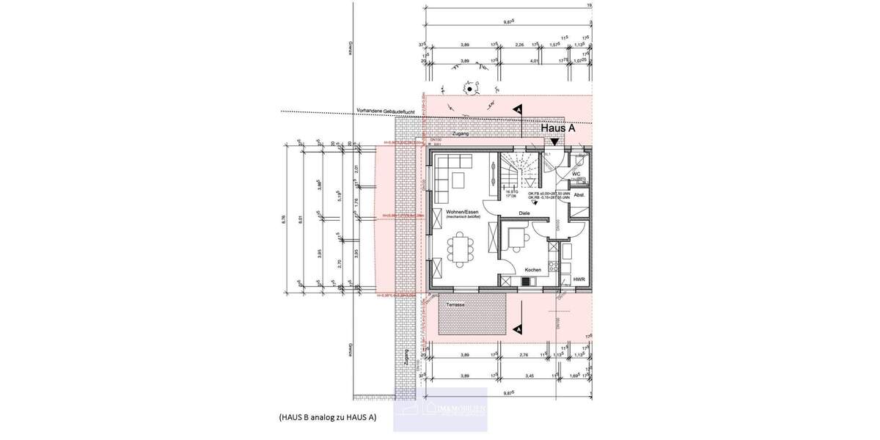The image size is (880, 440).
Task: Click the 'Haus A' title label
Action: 557,128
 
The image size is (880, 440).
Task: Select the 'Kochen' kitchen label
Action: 532,270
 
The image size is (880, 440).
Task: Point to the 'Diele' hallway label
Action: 524,213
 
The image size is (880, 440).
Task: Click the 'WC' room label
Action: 576,175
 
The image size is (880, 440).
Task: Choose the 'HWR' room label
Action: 579,279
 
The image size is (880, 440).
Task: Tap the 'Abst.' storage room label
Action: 579,195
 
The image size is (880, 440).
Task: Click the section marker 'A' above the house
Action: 518,109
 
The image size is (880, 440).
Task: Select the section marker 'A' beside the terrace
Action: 518,329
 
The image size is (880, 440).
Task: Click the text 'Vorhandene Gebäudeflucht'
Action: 386,111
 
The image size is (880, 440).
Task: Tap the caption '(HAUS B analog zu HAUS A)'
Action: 327,417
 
